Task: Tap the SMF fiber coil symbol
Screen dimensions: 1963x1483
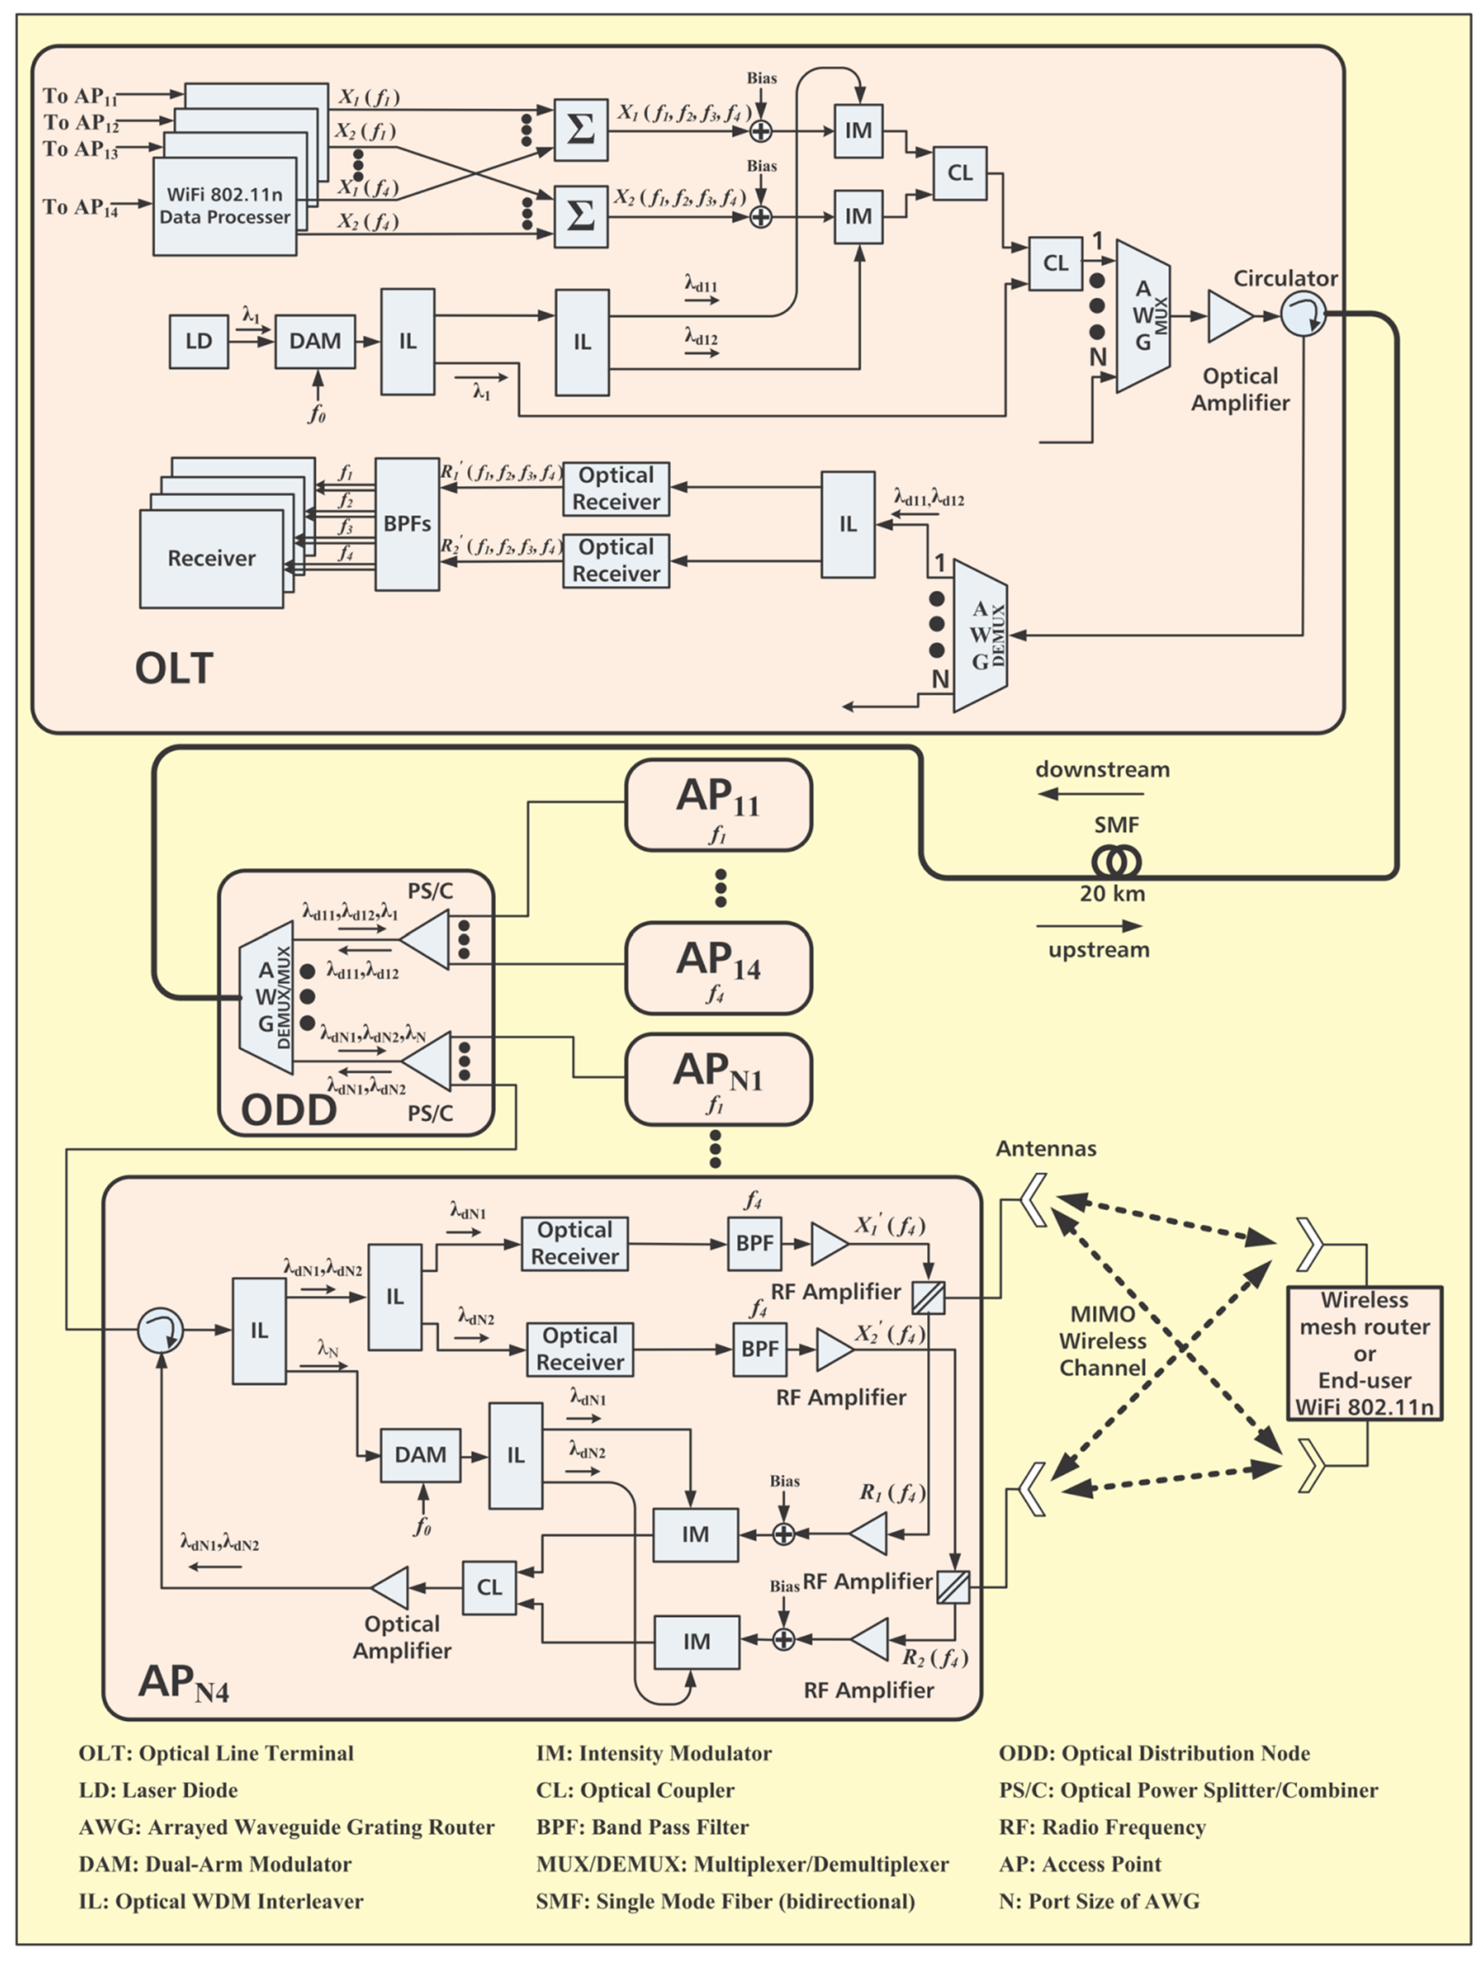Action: tap(1115, 861)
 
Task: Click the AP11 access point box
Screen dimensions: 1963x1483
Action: tap(718, 804)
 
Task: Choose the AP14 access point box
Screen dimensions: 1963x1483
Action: tap(718, 967)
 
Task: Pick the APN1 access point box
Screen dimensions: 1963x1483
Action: tap(718, 1078)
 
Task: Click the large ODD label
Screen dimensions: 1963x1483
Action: tap(288, 1109)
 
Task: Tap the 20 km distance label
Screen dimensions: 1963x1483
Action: tap(1112, 893)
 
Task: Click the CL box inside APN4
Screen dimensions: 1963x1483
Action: tap(489, 1588)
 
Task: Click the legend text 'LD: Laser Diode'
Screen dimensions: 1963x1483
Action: tap(158, 1790)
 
